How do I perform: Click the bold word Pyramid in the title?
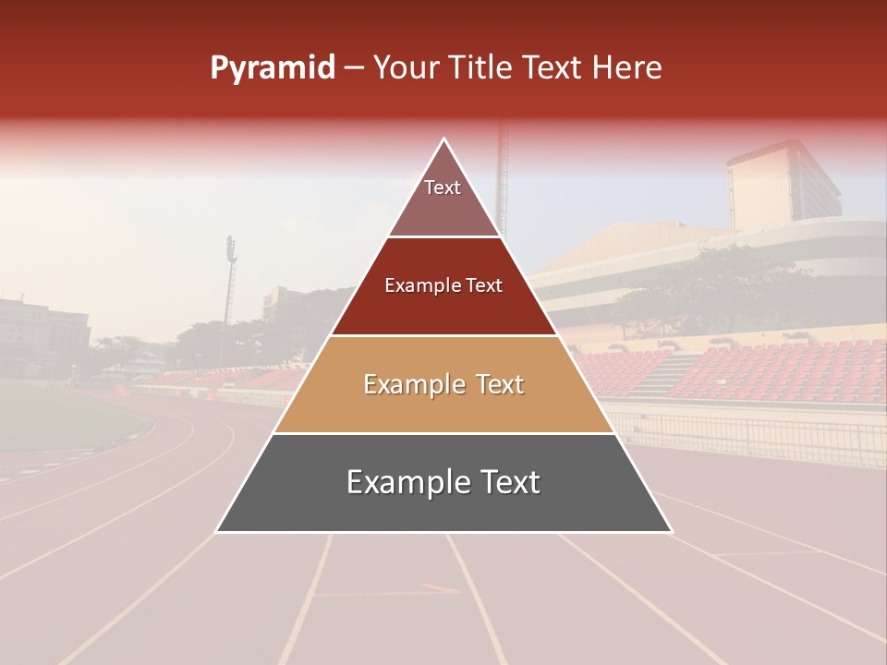click(273, 68)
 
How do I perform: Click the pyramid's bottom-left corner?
click(217, 531)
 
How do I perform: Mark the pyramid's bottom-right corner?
click(671, 531)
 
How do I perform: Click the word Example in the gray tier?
click(407, 483)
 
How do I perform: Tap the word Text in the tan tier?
click(498, 384)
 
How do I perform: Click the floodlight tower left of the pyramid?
click(230, 286)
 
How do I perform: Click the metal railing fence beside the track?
click(758, 434)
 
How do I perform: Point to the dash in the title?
click(354, 68)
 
